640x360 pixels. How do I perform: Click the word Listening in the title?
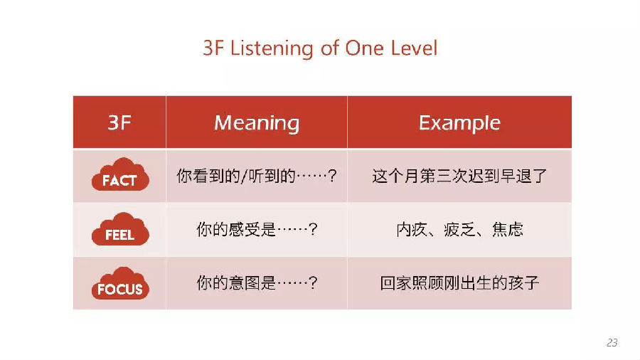pyautogui.click(x=272, y=48)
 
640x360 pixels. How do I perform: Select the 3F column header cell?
pyautogui.click(x=119, y=122)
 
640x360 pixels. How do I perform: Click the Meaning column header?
pyautogui.click(x=257, y=122)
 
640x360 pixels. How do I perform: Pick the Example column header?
pyautogui.click(x=459, y=122)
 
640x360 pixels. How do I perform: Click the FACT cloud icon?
pyautogui.click(x=120, y=175)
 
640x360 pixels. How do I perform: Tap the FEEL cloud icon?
pyautogui.click(x=120, y=229)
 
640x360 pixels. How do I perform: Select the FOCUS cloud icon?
pyautogui.click(x=120, y=284)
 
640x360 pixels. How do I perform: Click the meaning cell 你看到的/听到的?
pyautogui.click(x=257, y=176)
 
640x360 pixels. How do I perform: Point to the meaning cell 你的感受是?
pyautogui.click(x=257, y=229)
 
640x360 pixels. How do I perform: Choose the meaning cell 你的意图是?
pyautogui.click(x=257, y=283)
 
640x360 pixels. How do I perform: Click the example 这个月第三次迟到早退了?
pyautogui.click(x=459, y=176)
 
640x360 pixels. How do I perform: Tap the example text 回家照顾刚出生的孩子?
pyautogui.click(x=459, y=283)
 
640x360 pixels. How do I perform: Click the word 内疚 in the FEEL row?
pyautogui.click(x=412, y=229)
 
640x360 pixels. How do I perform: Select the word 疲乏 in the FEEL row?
pyautogui.click(x=459, y=229)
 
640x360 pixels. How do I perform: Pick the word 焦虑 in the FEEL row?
pyautogui.click(x=507, y=229)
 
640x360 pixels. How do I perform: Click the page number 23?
pyautogui.click(x=612, y=342)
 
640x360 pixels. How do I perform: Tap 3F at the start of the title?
pyautogui.click(x=213, y=48)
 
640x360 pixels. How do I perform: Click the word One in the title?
pyautogui.click(x=365, y=48)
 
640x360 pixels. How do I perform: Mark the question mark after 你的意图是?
pyautogui.click(x=313, y=283)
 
